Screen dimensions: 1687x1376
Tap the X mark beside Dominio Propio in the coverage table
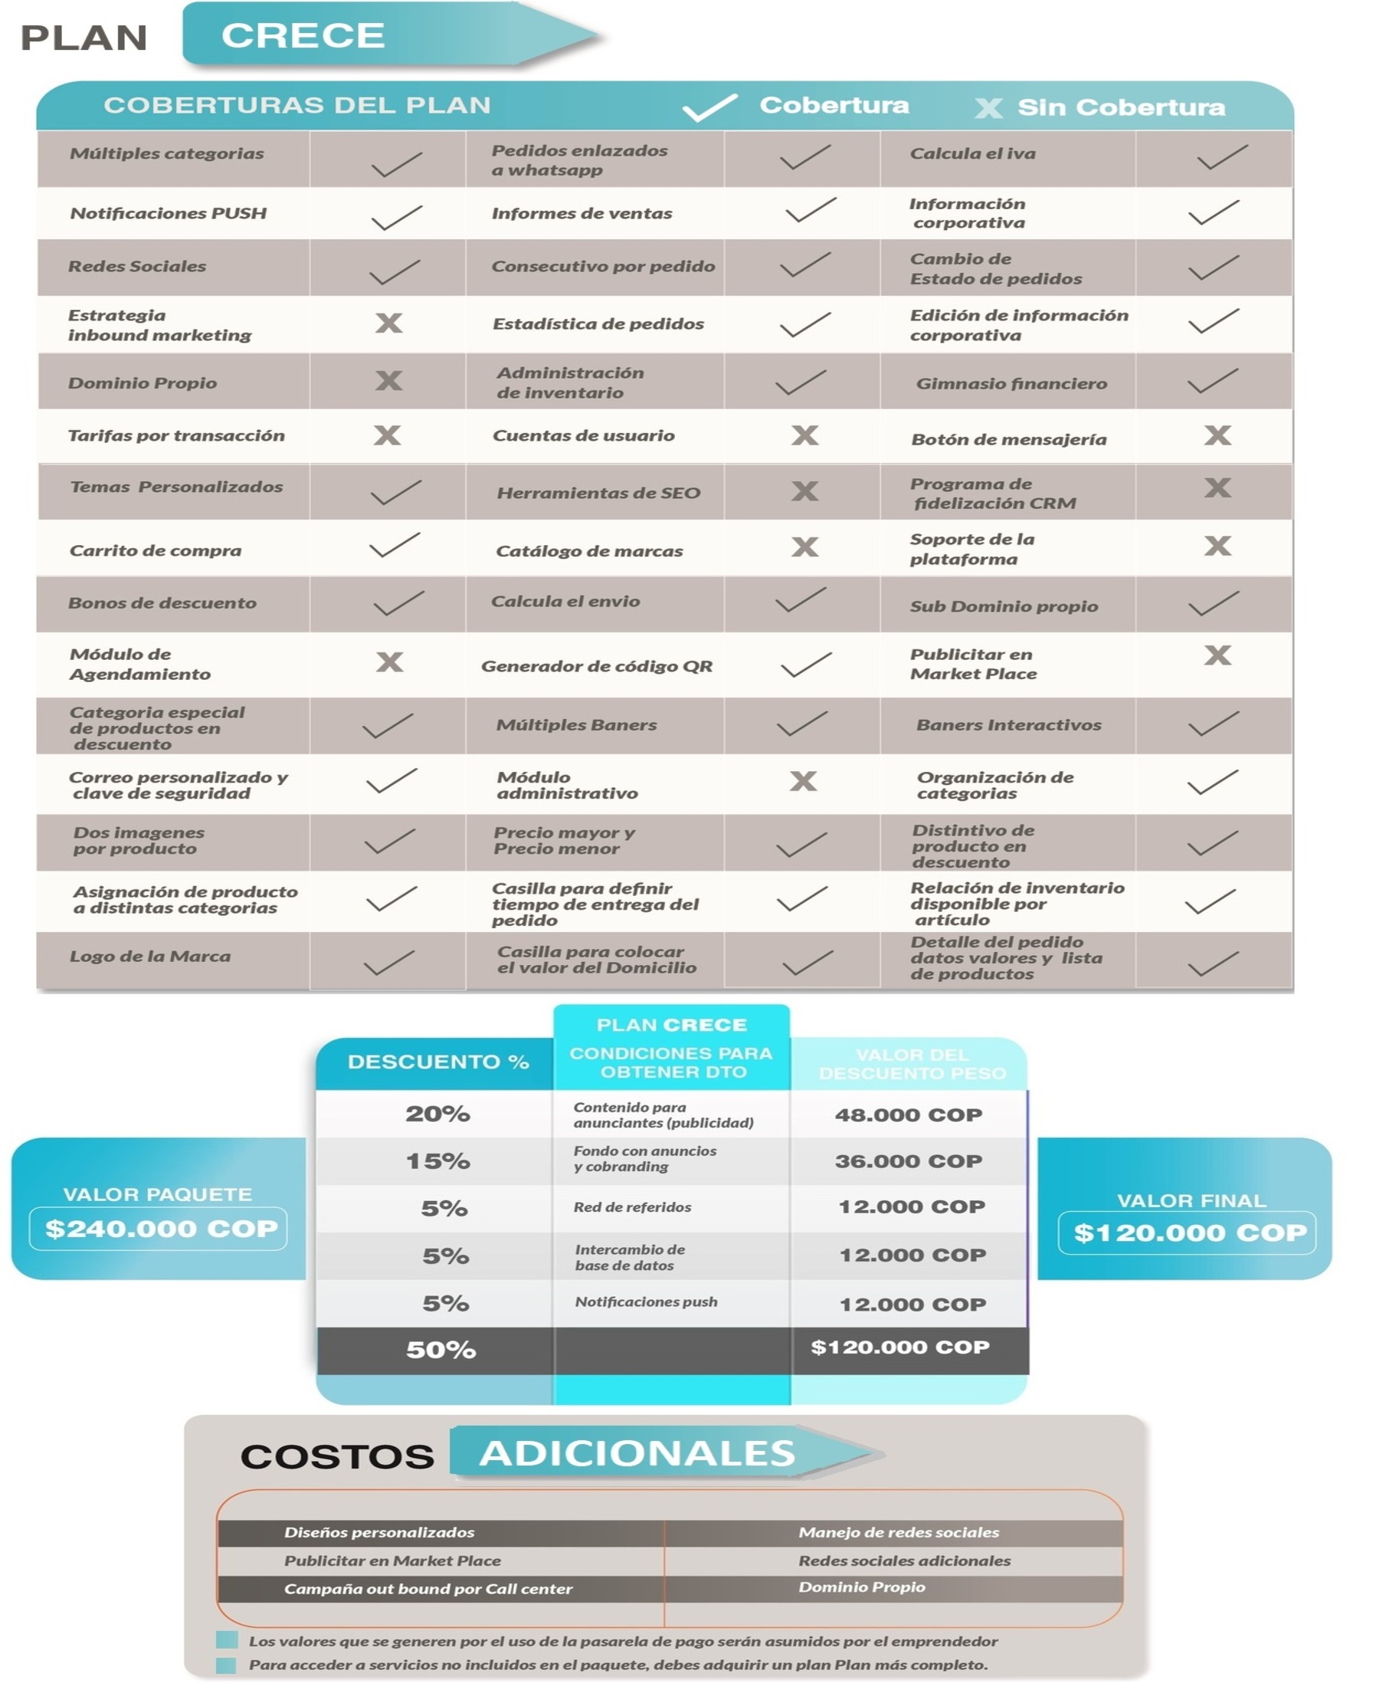[x=388, y=382]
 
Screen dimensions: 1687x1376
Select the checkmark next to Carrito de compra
[x=395, y=546]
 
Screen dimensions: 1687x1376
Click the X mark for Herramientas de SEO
[x=804, y=491]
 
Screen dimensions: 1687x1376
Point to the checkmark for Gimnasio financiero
[x=1213, y=382]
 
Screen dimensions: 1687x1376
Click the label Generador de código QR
[x=596, y=667]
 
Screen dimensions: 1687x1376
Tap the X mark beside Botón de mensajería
[x=1217, y=435]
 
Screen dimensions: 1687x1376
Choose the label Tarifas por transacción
[x=176, y=436]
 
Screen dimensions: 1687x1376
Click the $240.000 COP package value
[x=161, y=1229]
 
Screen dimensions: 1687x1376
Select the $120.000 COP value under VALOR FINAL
[x=1190, y=1232]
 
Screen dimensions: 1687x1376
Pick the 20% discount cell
[x=437, y=1114]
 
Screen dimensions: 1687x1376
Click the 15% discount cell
[x=437, y=1161]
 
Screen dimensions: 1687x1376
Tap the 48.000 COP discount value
[x=909, y=1114]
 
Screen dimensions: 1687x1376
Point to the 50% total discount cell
[x=441, y=1349]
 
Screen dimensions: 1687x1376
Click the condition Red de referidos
[x=633, y=1207]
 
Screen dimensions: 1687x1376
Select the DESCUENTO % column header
[x=437, y=1062]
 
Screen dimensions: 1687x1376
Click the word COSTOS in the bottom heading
[x=337, y=1456]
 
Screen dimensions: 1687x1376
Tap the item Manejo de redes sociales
[x=898, y=1532]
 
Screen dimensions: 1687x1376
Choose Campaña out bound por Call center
[x=428, y=1589]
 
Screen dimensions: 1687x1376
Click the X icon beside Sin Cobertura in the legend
[x=988, y=108]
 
